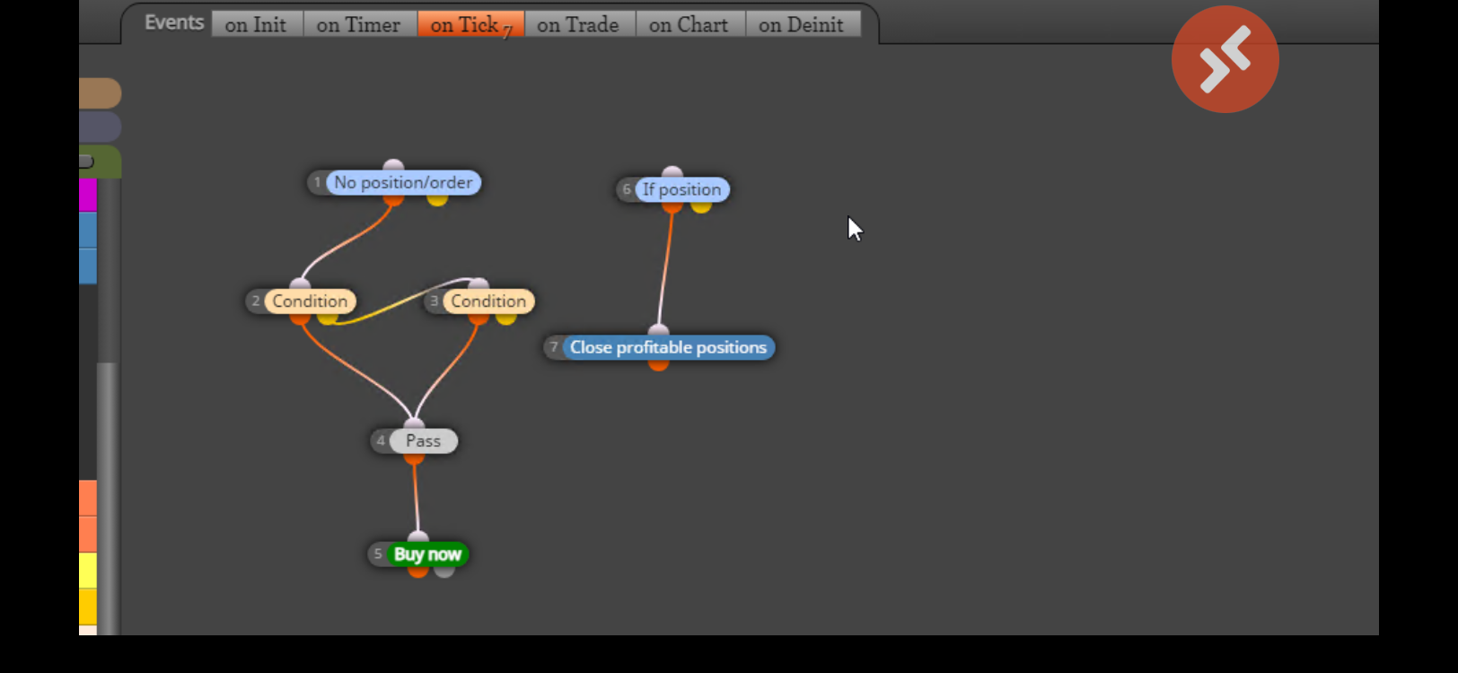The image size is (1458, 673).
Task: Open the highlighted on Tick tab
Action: pos(470,25)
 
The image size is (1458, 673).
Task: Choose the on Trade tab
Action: pos(579,25)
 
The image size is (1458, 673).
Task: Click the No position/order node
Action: pos(403,183)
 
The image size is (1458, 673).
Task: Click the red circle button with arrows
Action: pos(1225,59)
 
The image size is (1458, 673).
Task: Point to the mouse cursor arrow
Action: pos(855,229)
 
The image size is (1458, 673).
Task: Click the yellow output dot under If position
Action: pos(701,206)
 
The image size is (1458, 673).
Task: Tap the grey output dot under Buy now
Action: pos(444,571)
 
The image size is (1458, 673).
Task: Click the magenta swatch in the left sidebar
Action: pos(88,196)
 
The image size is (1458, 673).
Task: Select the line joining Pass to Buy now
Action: pos(416,498)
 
